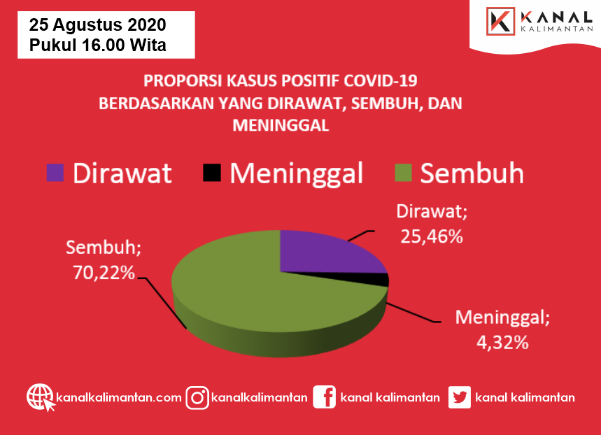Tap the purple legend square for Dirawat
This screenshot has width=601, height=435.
55,173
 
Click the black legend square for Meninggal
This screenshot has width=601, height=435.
212,173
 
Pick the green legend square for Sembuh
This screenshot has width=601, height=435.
403,173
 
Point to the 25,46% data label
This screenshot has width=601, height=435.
432,236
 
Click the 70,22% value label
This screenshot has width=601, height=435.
104,273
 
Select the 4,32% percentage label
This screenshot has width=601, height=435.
502,342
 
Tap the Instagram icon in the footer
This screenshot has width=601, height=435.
197,398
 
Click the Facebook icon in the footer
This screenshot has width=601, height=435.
324,397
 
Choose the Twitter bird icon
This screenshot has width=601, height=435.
460,397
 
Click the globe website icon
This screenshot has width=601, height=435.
41,397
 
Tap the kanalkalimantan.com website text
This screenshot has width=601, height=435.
119,397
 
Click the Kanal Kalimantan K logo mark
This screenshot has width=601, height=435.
500,22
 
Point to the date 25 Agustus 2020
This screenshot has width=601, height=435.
98,25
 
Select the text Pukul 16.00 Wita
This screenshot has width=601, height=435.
98,45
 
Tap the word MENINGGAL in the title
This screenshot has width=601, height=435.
281,126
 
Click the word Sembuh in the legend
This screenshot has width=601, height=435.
472,173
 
